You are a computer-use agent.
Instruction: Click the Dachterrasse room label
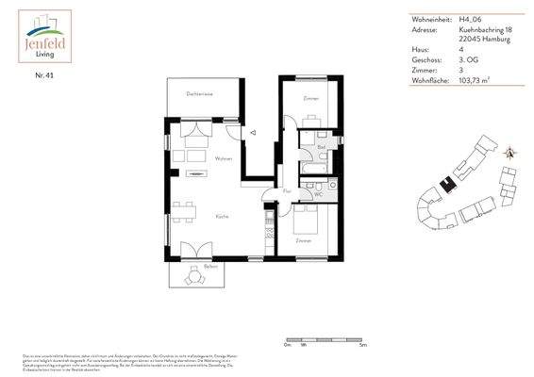(198, 94)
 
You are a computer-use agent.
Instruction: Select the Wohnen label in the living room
(224, 158)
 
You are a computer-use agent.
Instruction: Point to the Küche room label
(223, 216)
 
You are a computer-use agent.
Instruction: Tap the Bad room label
(321, 147)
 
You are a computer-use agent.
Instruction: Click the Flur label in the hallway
(287, 191)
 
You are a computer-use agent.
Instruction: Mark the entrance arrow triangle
(252, 135)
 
